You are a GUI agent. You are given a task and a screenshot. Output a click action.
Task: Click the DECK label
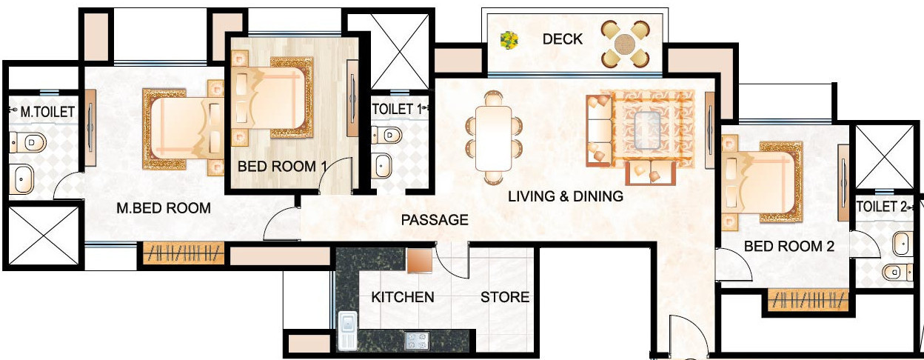[563, 39]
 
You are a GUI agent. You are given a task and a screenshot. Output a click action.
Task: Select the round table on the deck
[625, 41]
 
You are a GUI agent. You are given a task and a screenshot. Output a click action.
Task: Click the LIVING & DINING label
[565, 196]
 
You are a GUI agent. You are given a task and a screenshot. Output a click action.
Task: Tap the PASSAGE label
[435, 220]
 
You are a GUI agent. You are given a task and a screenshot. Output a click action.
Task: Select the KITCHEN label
[402, 297]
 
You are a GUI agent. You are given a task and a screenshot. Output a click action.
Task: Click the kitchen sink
[346, 330]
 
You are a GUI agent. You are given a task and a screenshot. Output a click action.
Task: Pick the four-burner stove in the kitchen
[416, 341]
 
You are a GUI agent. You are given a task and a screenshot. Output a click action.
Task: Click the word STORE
[505, 297]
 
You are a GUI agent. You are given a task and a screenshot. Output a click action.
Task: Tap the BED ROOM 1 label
[281, 167]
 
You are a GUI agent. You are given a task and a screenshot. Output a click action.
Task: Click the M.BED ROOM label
[164, 208]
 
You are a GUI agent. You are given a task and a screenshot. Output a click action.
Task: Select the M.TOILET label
[47, 113]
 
